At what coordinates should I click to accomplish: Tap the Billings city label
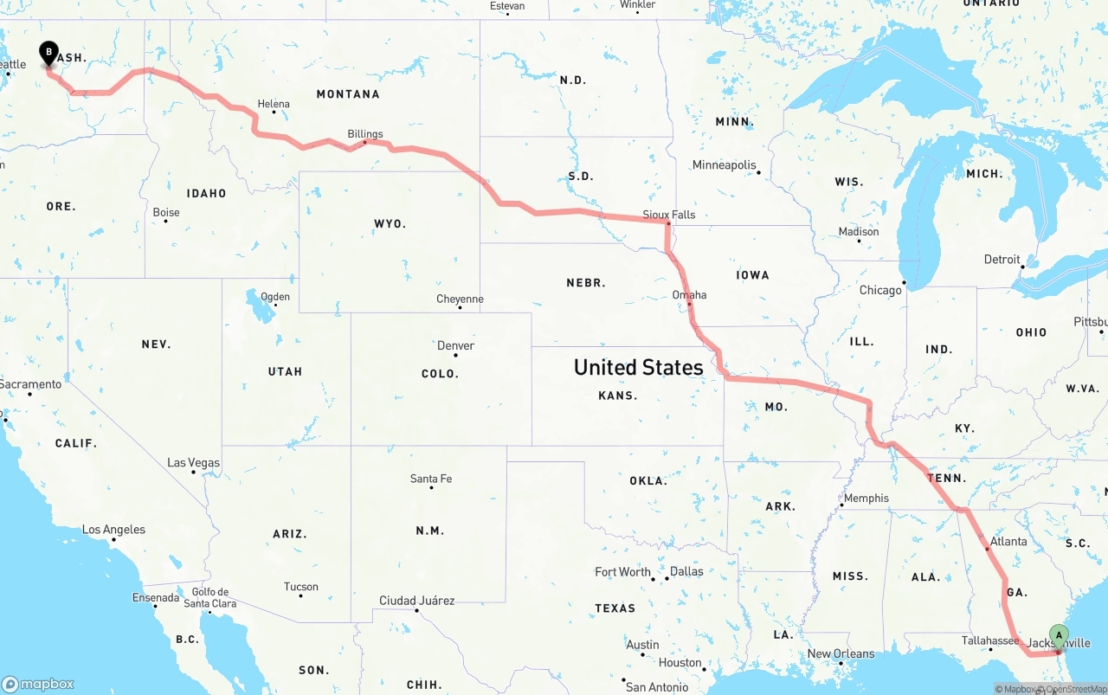364,134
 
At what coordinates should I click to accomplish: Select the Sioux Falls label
668,215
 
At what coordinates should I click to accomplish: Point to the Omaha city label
689,295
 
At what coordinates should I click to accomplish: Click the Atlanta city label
1008,542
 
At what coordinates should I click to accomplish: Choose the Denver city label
455,345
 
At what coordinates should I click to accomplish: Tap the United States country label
638,367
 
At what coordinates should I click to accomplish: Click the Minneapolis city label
724,165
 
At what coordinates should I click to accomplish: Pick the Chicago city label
879,290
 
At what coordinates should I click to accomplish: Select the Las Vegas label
193,463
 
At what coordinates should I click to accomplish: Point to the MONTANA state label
348,93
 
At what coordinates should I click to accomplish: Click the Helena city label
274,104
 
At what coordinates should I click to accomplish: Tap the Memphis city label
866,498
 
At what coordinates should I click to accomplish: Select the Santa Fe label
431,479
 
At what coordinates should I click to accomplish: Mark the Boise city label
166,212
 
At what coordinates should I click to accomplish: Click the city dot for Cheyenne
459,308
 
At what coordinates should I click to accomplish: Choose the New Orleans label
841,653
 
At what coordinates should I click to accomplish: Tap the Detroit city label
1002,260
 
